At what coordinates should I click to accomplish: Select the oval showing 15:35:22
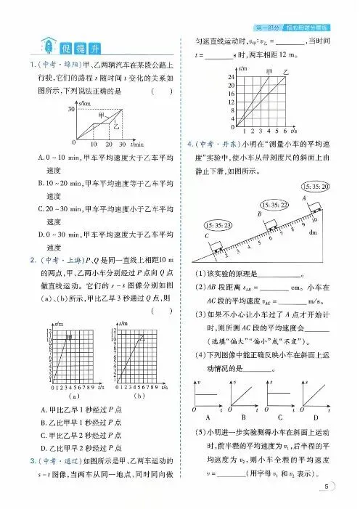coord(274,205)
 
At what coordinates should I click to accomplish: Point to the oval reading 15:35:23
coord(218,225)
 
